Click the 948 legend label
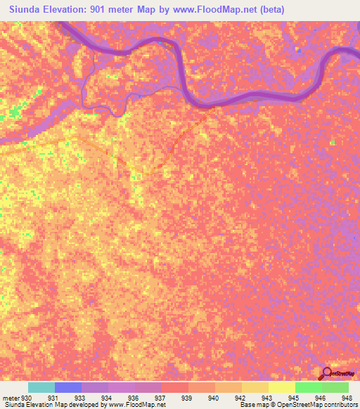347,397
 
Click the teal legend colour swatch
41,387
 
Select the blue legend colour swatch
68,387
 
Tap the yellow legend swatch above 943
255,387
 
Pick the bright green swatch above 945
308,387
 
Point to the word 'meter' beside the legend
11,397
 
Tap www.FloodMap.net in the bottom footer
134,405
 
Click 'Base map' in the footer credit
252,405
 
